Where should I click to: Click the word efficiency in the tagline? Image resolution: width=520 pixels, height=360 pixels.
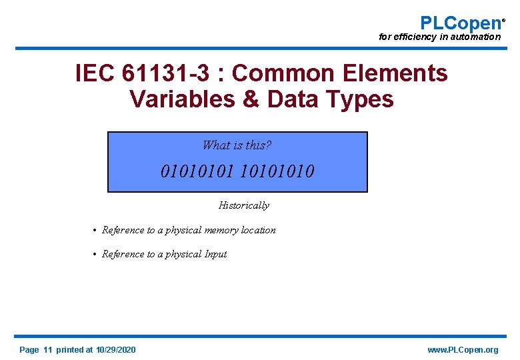[x=415, y=37]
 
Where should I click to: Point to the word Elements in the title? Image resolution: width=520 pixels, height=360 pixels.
[x=402, y=73]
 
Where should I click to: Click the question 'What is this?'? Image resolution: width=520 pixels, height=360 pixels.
[x=237, y=145]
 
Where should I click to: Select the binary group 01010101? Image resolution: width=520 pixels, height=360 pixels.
[x=197, y=172]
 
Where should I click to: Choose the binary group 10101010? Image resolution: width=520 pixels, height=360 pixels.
[x=276, y=172]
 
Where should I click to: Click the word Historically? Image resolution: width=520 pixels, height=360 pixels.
[x=244, y=205]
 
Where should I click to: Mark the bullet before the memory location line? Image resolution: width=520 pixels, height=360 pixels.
[x=95, y=231]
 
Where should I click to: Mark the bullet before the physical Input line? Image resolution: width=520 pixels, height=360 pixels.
[x=95, y=255]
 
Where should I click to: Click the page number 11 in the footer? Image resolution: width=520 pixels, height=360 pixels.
[x=47, y=350]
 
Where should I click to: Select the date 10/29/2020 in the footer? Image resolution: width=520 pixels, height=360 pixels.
[x=115, y=350]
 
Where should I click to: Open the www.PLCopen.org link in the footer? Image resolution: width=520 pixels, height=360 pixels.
[x=463, y=350]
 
